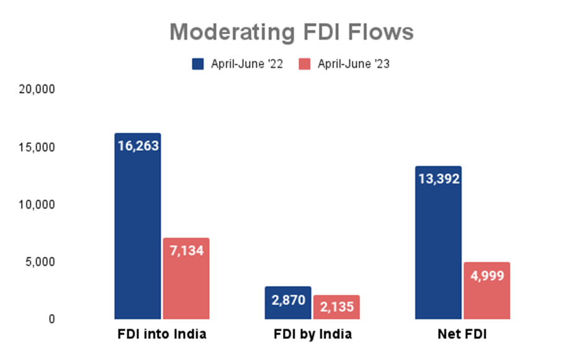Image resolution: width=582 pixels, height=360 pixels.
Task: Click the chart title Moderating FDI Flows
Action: [291, 32]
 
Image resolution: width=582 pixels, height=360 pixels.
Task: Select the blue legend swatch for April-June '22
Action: [198, 64]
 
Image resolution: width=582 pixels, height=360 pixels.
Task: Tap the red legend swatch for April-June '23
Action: [305, 64]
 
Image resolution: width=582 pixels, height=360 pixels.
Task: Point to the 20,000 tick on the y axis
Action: [37, 89]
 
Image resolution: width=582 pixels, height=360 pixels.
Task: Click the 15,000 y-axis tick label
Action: [37, 147]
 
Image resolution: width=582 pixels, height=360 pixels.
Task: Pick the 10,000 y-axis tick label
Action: [37, 204]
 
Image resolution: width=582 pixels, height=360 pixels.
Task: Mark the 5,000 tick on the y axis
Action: [40, 262]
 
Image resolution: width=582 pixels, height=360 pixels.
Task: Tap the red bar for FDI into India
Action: [186, 286]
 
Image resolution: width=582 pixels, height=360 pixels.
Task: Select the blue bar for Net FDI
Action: [438, 248]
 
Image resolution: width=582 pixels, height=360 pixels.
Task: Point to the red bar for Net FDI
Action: [486, 298]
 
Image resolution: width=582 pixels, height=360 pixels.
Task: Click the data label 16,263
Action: [138, 146]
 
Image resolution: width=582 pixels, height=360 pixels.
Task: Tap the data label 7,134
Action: [186, 251]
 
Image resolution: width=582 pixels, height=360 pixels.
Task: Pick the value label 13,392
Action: [438, 179]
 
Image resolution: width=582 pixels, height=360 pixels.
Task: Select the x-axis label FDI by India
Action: [312, 335]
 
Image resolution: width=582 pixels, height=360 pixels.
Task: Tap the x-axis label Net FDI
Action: [462, 335]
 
